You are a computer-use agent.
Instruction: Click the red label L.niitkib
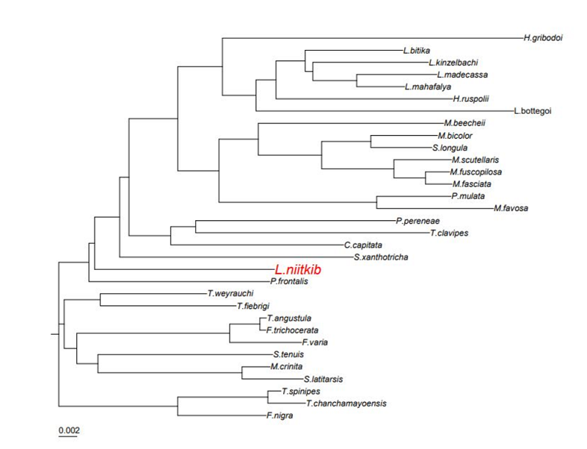(298, 270)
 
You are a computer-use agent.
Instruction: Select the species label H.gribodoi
(542, 37)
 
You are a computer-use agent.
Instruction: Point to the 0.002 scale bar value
(68, 429)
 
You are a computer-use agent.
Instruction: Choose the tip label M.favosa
(511, 208)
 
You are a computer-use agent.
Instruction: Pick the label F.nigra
(280, 415)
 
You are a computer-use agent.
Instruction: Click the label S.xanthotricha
(381, 257)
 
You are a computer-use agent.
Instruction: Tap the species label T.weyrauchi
(230, 293)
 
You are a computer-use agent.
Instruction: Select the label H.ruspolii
(471, 98)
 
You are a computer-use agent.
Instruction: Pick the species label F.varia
(316, 342)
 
